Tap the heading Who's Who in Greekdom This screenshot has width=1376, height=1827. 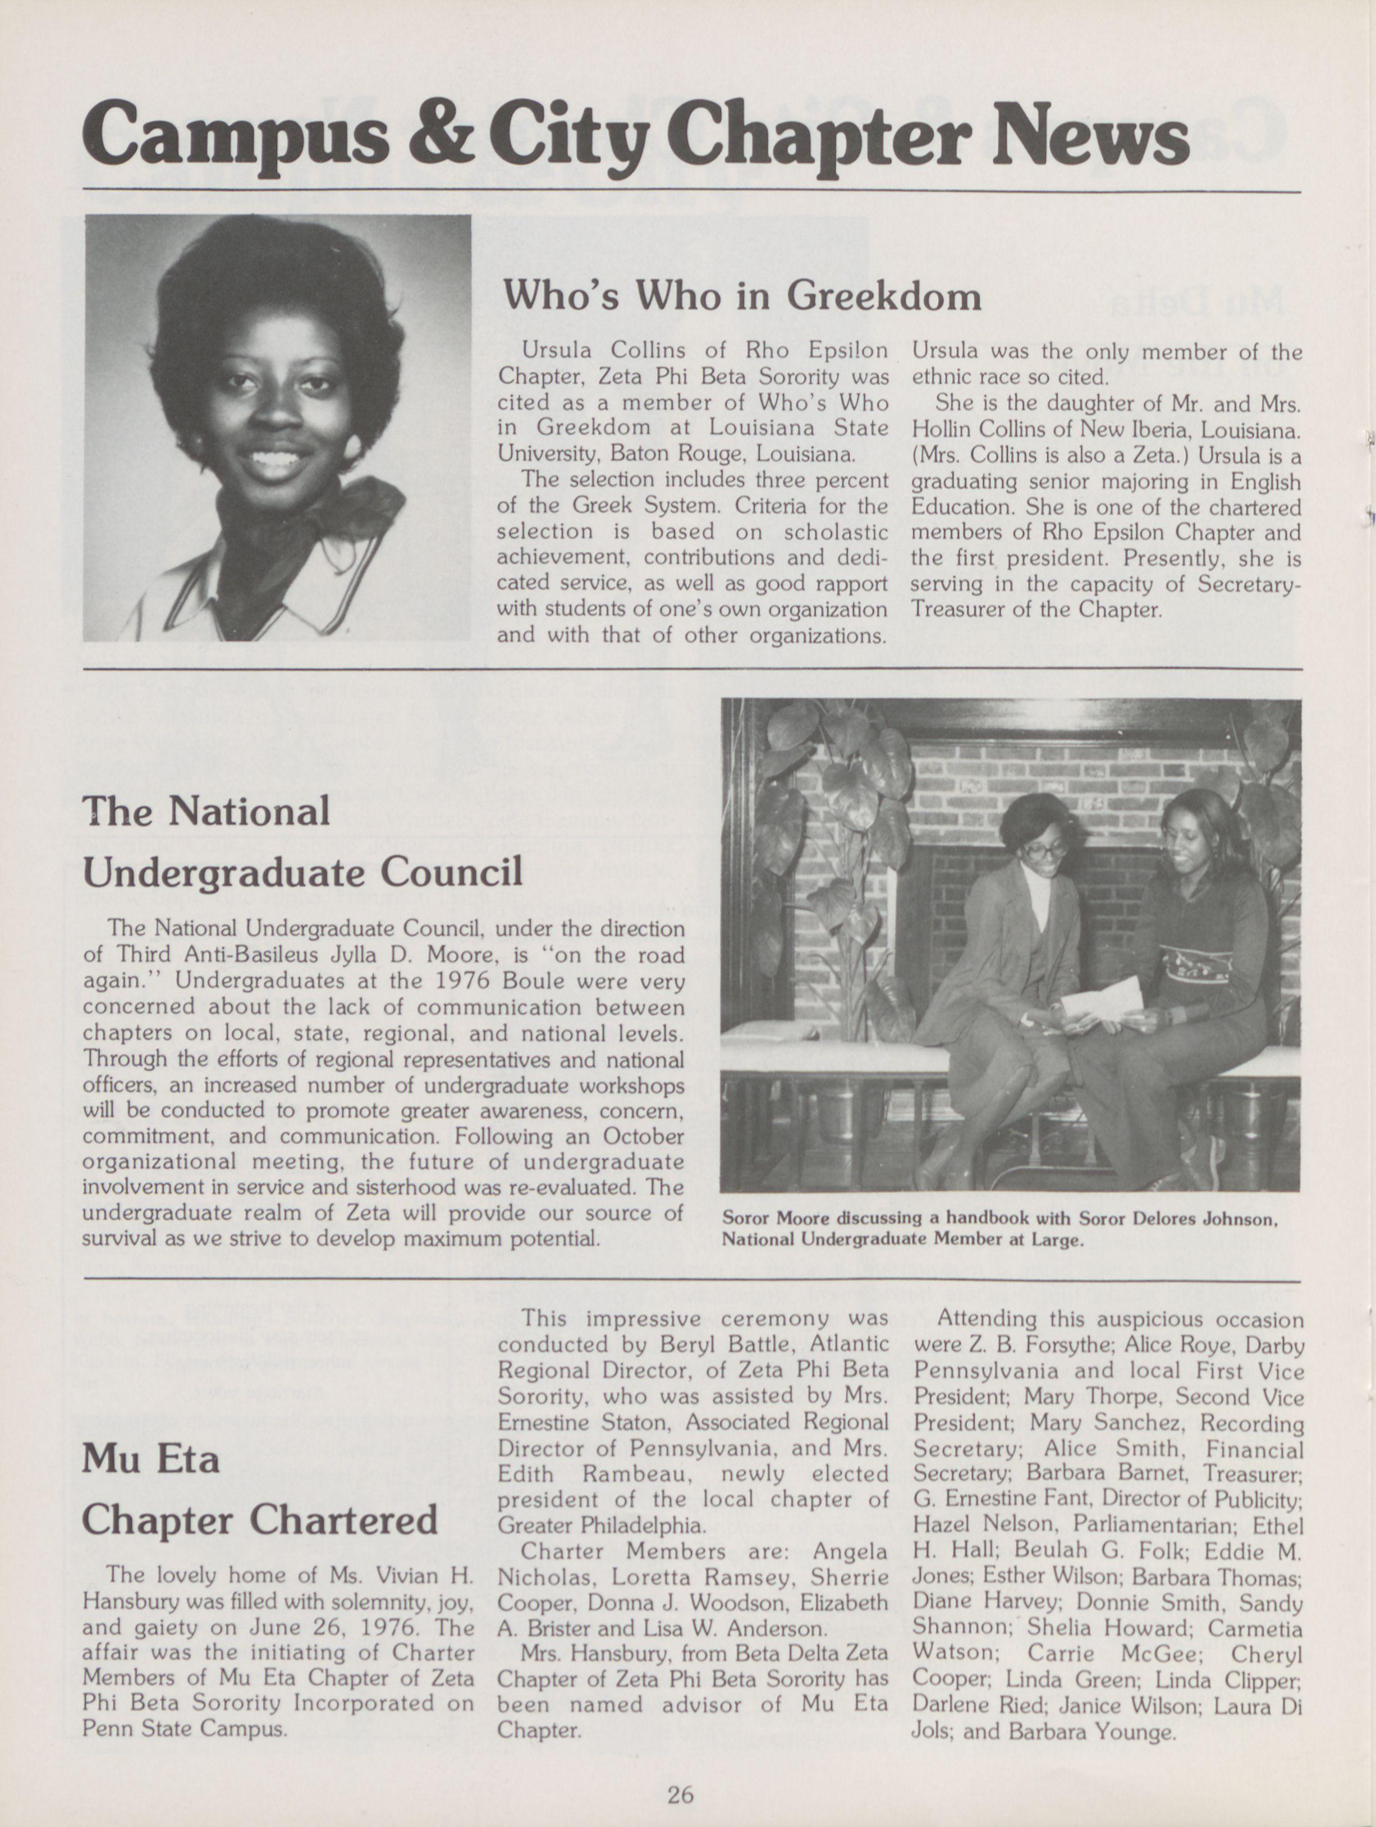742,294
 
